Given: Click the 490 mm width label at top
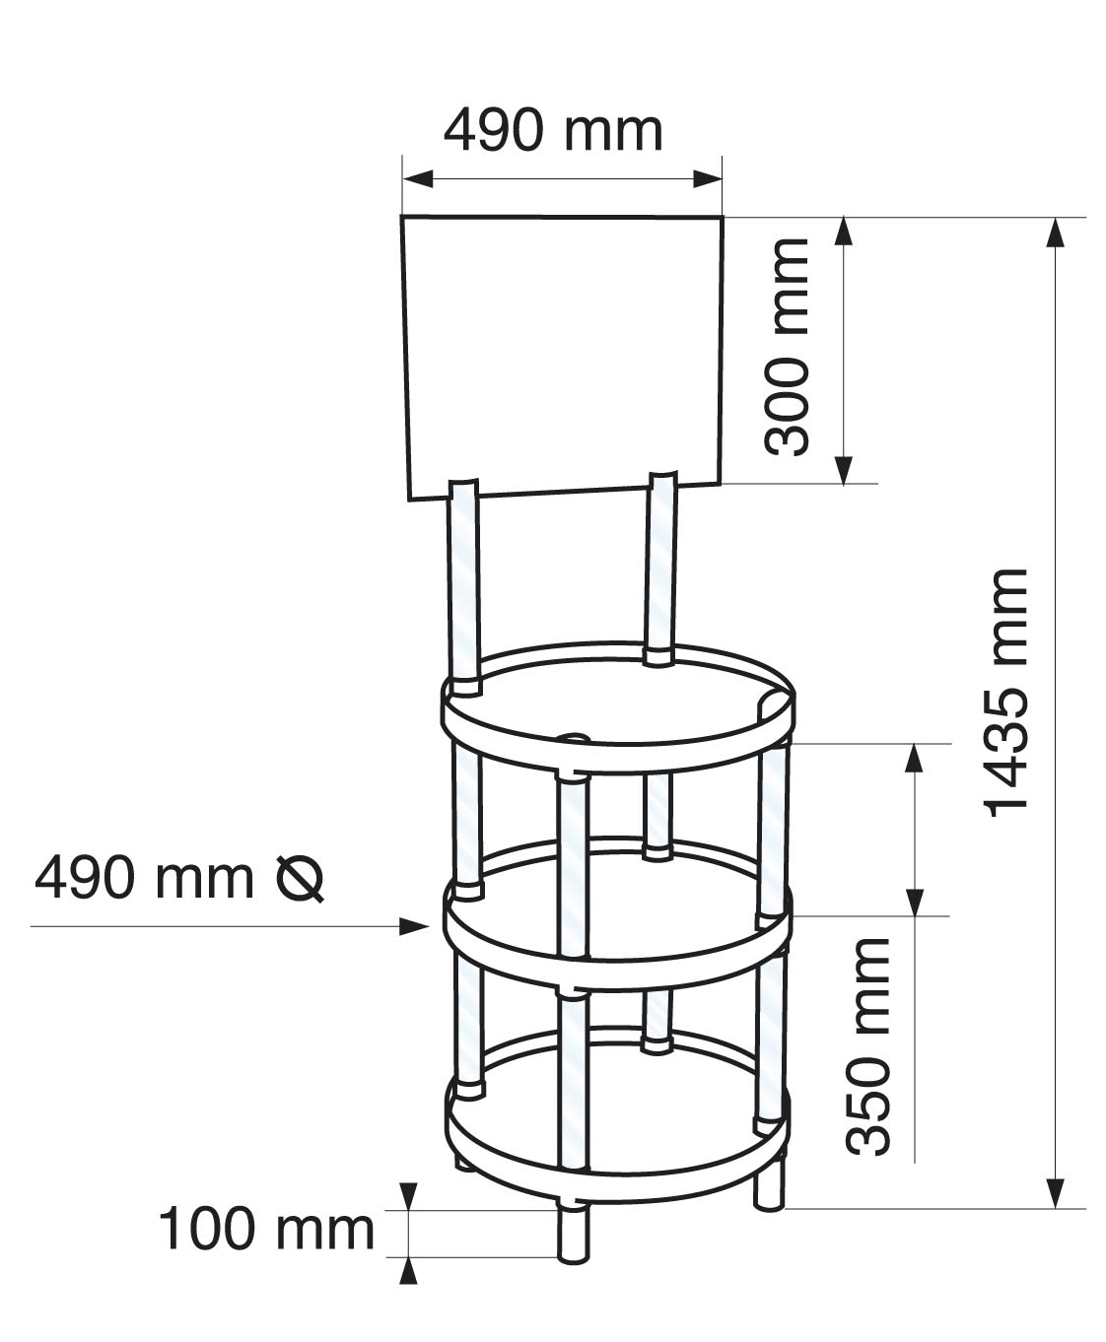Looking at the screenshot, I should [552, 130].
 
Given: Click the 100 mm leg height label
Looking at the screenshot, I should [266, 1230].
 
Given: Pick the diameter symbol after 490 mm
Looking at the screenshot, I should [300, 879].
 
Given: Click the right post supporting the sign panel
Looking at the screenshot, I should [660, 567].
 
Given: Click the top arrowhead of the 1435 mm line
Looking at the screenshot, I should [1056, 233].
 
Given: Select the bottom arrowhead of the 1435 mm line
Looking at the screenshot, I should [1056, 1192].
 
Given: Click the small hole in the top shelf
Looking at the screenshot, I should [572, 737].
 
